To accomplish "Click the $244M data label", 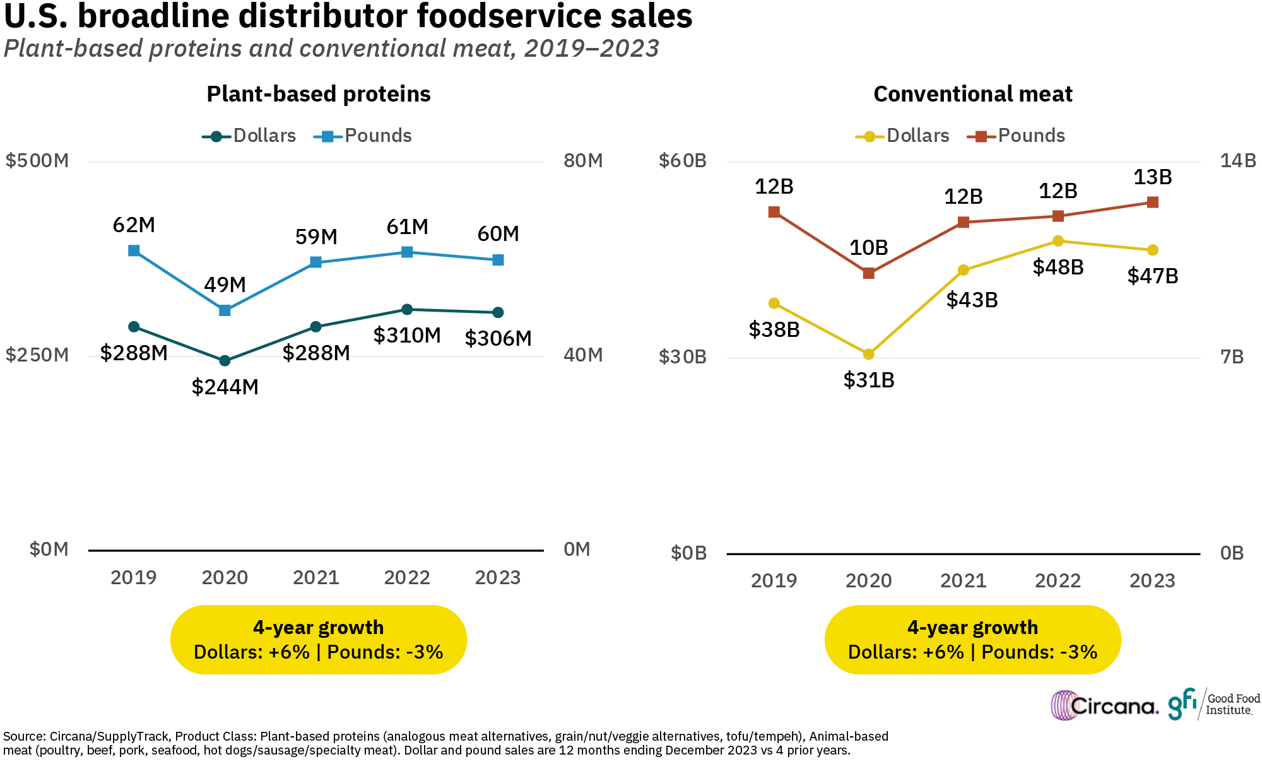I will coord(225,387).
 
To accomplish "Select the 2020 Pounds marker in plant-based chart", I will coord(225,310).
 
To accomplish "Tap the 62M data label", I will coord(134,225).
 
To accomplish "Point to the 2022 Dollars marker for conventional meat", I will coord(1058,241).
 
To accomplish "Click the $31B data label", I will coord(869,380).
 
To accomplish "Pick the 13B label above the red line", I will coord(1152,177).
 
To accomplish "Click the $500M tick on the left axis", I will coord(37,161).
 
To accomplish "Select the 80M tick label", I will coord(583,161).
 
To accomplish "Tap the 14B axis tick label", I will coord(1238,161).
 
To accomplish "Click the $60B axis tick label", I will coord(682,161).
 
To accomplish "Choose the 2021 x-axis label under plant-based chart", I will coord(315,577).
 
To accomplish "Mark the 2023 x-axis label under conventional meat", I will coord(1152,580).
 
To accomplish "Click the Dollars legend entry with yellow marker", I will coord(903,136).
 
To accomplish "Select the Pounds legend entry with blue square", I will coord(363,136).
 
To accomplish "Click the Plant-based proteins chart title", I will coord(319,94).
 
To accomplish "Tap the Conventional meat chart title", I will coord(972,94).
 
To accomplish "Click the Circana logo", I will coord(1104,705).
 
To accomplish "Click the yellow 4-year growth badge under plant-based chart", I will coord(319,640).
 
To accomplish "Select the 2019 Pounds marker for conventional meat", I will coord(774,212).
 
